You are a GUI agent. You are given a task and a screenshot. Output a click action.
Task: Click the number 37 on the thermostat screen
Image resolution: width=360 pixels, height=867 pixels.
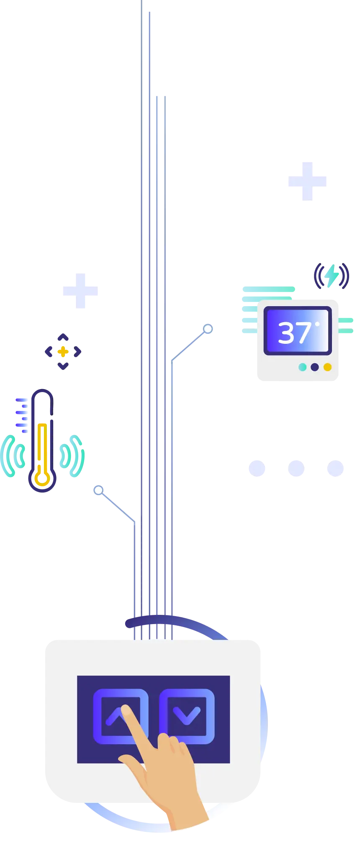(x=294, y=333)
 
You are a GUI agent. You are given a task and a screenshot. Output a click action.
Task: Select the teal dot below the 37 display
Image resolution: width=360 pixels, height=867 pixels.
(x=302, y=367)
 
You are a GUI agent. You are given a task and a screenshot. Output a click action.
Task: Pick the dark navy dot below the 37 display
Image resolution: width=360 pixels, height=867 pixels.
(x=315, y=367)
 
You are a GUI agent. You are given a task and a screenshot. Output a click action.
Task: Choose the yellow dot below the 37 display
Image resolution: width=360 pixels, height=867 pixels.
(x=328, y=367)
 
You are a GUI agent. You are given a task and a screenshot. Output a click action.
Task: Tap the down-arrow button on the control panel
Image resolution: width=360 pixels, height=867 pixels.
(x=187, y=716)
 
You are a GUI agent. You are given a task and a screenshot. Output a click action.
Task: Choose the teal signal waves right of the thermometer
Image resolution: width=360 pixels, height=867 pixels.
(x=72, y=456)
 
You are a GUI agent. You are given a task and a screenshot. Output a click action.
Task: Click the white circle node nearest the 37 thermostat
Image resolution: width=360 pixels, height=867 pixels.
(x=208, y=329)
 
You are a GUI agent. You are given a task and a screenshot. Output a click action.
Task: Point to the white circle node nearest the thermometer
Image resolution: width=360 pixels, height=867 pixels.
(x=98, y=490)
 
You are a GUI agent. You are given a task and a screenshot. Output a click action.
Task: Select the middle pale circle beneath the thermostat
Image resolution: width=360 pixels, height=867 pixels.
(x=296, y=468)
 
